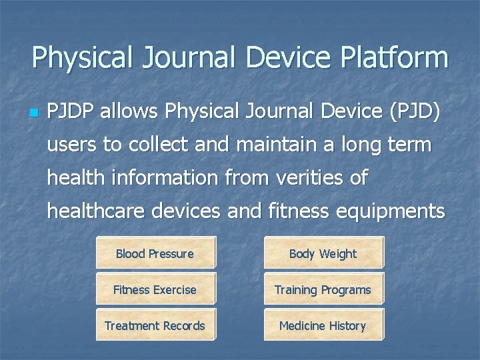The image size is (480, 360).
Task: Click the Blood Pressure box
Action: [x=155, y=253]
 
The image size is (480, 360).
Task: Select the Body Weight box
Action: [x=323, y=253]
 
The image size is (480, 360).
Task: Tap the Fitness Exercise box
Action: [x=155, y=290]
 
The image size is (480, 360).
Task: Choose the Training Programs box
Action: [x=323, y=290]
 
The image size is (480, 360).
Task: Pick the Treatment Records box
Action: [x=155, y=326]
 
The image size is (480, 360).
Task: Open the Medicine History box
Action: [x=323, y=326]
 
